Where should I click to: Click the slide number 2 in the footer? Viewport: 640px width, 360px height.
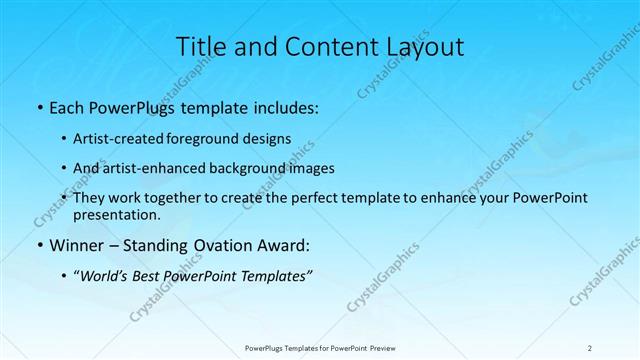(x=590, y=347)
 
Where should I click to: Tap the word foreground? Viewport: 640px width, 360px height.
(x=212, y=138)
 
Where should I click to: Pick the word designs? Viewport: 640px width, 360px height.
(x=270, y=138)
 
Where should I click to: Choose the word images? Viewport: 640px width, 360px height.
(x=312, y=168)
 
